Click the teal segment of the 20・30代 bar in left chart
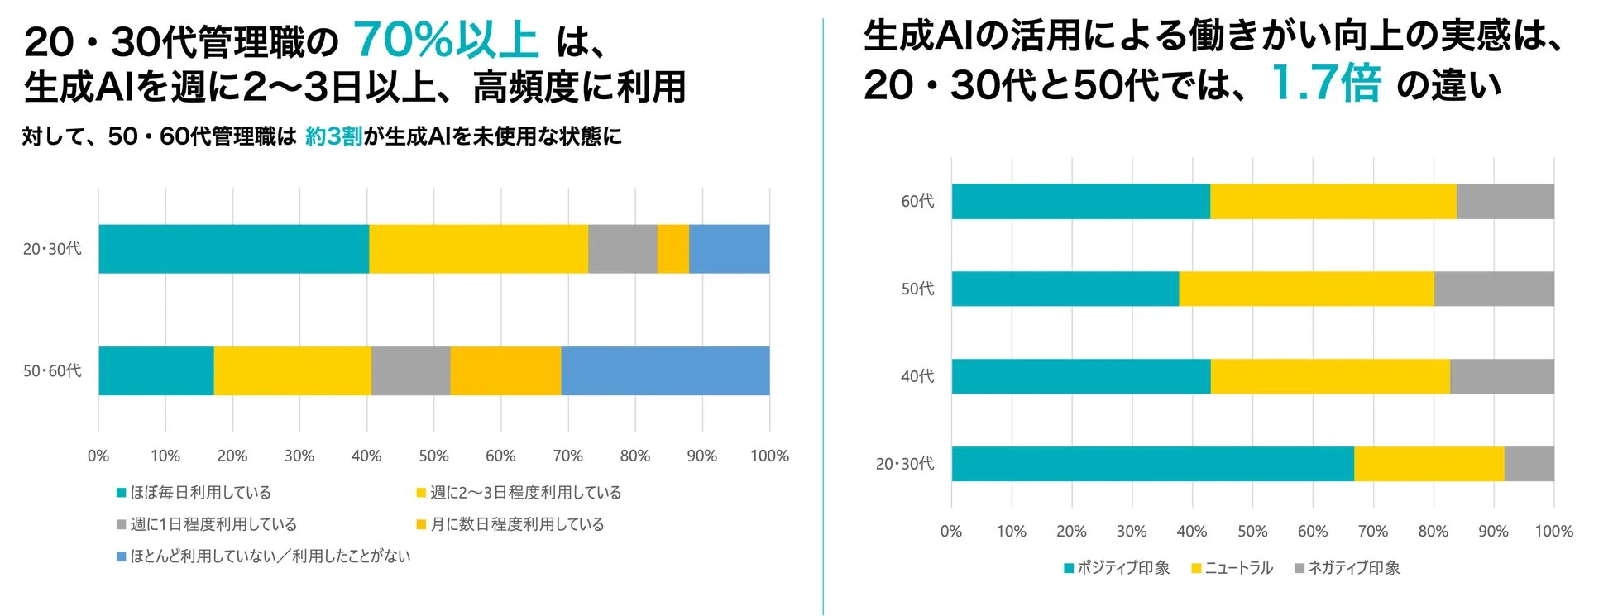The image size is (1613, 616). pyautogui.click(x=233, y=249)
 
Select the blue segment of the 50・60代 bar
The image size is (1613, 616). pyautogui.click(x=665, y=370)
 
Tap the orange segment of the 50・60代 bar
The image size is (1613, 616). pyautogui.click(x=505, y=370)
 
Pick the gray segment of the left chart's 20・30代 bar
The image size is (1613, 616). pyautogui.click(x=622, y=249)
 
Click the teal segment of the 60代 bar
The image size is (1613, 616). pyautogui.click(x=1080, y=201)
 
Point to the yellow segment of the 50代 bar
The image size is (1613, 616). pyautogui.click(x=1306, y=289)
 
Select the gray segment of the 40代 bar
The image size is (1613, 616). pyautogui.click(x=1501, y=376)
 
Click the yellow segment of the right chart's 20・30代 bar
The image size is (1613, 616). pyautogui.click(x=1429, y=464)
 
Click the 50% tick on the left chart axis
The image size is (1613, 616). pyautogui.click(x=433, y=456)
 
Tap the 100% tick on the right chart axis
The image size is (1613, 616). pyautogui.click(x=1553, y=532)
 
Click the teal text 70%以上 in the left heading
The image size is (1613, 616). pyautogui.click(x=446, y=40)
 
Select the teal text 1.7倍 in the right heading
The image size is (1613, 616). pyautogui.click(x=1325, y=83)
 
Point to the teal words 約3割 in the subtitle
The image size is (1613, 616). pyautogui.click(x=333, y=136)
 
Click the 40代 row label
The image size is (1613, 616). pyautogui.click(x=917, y=376)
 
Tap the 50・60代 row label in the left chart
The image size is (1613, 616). pyautogui.click(x=52, y=371)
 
